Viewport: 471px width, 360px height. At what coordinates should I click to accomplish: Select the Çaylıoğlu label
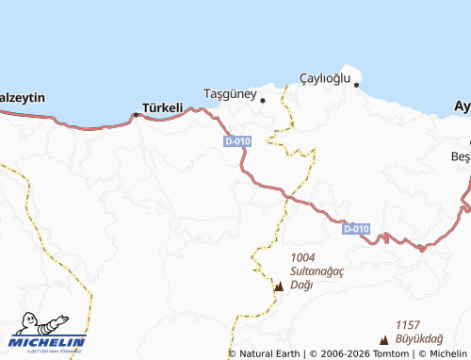(324, 76)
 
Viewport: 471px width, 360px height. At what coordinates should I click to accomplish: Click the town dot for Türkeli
(136, 115)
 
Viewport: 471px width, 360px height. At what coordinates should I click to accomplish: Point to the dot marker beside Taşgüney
(263, 99)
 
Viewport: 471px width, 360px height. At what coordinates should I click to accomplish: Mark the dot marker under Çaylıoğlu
(357, 85)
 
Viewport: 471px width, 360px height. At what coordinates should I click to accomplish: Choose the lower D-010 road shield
(356, 229)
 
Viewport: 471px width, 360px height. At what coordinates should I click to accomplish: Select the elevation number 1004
(303, 257)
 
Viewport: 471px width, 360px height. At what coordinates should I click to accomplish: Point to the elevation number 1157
(408, 325)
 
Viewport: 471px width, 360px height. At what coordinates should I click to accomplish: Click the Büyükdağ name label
(420, 338)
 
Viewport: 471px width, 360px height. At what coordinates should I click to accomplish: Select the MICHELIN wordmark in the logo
(48, 342)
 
